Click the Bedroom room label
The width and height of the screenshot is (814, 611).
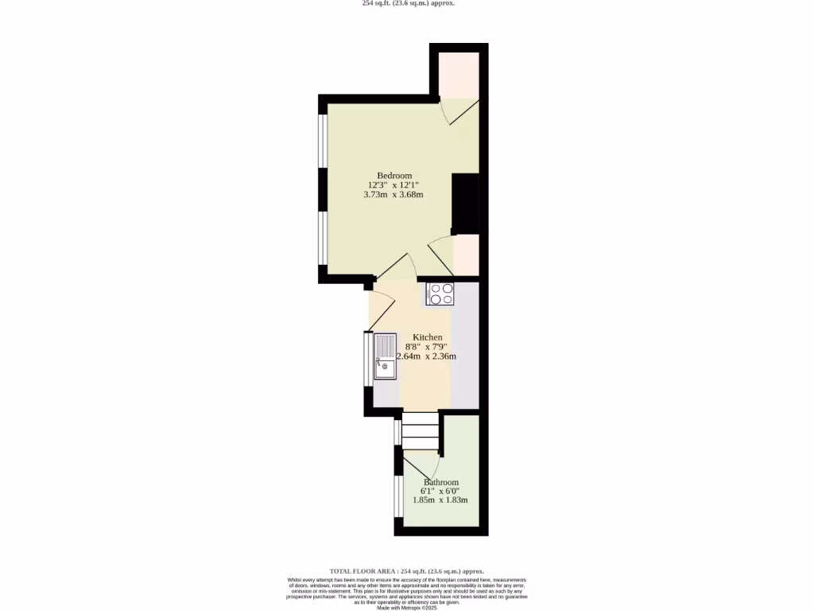coord(394,175)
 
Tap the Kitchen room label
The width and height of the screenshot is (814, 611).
coord(427,337)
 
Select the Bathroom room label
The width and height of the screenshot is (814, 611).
coord(440,482)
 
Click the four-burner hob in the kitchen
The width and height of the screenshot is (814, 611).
coord(441,294)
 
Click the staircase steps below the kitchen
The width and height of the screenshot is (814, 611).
coord(420,432)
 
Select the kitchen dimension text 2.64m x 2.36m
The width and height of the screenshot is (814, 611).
coord(427,356)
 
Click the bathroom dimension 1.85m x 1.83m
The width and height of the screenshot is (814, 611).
coord(444,500)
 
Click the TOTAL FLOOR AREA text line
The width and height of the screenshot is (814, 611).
coord(407,571)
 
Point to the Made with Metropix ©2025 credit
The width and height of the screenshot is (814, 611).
coord(407,608)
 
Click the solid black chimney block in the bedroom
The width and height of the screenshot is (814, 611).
coord(465,202)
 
